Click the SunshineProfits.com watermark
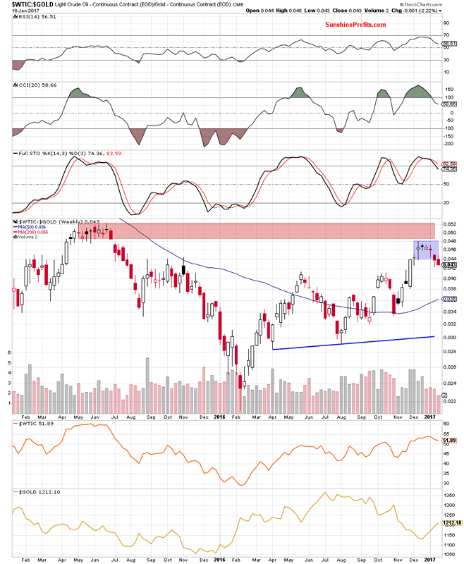[x=355, y=25]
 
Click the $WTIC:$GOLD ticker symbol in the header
[x=23, y=5]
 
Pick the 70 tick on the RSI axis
[x=446, y=35]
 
